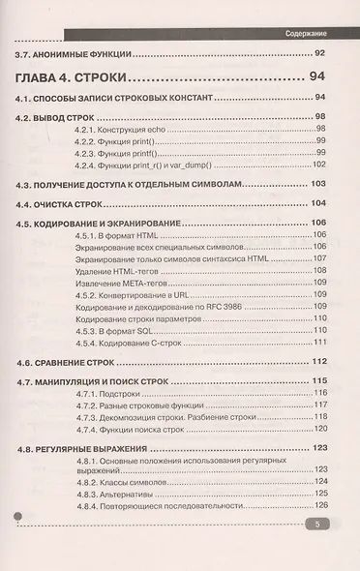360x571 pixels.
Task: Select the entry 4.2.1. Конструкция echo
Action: pos(125,128)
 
